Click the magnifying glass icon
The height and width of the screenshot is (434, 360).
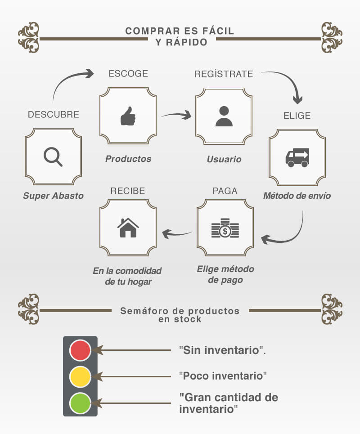(53, 157)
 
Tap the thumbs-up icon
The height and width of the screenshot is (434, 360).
(128, 116)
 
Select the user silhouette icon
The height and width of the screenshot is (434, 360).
(224, 116)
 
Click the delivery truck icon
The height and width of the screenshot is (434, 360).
(297, 158)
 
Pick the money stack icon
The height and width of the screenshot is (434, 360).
(225, 228)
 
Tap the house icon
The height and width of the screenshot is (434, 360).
(128, 228)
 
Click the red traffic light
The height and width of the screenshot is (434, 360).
(80, 350)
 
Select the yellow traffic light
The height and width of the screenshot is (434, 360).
(80, 377)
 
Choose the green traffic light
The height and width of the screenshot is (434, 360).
(80, 403)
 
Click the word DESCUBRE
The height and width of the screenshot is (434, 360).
(54, 114)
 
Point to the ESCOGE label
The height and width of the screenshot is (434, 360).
(128, 74)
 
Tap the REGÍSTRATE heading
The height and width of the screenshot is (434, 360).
(224, 74)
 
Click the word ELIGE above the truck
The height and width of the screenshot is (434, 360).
(297, 116)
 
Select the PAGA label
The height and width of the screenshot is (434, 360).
(225, 191)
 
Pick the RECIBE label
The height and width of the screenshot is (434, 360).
(128, 191)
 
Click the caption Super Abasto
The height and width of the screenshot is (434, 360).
(54, 196)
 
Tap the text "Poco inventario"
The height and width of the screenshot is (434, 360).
(223, 376)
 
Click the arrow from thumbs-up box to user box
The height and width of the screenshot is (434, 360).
(177, 114)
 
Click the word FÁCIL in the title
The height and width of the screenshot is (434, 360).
(218, 31)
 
